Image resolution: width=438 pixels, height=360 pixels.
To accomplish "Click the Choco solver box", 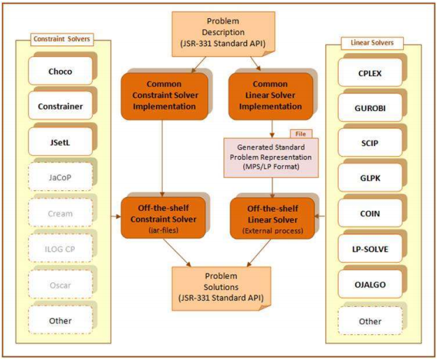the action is (x=60, y=71).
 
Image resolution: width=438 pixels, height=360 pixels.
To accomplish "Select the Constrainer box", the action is (x=60, y=106).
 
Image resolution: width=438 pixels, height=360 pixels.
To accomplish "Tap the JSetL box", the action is (x=60, y=142).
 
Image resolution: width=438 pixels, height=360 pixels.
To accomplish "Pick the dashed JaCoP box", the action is (x=60, y=178).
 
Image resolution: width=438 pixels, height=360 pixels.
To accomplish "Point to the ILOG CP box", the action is (x=60, y=248).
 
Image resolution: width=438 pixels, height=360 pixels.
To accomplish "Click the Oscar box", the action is (x=60, y=285).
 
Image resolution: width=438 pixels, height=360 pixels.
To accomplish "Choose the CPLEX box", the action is (x=370, y=73).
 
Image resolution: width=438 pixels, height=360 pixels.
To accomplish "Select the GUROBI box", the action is (x=370, y=108).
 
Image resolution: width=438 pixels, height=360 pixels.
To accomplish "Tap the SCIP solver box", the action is (x=370, y=143).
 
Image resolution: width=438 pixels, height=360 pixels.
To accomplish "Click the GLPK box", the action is (x=370, y=178).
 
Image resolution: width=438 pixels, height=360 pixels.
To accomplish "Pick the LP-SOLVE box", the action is (x=370, y=249).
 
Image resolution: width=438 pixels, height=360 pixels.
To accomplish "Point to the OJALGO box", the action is (x=370, y=285).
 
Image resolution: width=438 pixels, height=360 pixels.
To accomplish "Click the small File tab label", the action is (x=301, y=134).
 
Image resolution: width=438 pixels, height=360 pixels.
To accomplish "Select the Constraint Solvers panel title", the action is (x=61, y=39).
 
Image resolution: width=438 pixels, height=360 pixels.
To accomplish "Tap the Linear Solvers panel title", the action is (x=372, y=43).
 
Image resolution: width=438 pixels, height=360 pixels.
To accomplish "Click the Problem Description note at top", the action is (x=223, y=34).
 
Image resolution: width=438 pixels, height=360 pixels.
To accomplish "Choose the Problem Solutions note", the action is (x=221, y=289).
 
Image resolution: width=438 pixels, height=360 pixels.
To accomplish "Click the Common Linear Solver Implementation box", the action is (x=270, y=96).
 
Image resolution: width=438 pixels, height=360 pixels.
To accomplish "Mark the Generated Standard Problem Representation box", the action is (x=271, y=157).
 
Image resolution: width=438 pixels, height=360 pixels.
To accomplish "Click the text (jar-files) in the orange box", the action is (x=163, y=230).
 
